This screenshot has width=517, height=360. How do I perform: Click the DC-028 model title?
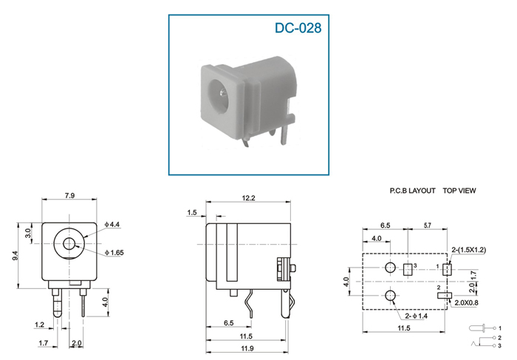pyautogui.click(x=298, y=28)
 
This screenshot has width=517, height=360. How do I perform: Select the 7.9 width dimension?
pyautogui.click(x=69, y=196)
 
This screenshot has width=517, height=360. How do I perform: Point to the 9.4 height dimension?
pyautogui.click(x=16, y=255)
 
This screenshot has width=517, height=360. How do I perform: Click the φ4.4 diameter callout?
pyautogui.click(x=112, y=225)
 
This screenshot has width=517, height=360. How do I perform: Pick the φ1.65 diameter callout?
pyautogui.click(x=114, y=253)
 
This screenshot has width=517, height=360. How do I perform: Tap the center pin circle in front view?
pyautogui.click(x=69, y=245)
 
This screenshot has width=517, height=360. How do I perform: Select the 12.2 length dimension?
pyautogui.click(x=248, y=198)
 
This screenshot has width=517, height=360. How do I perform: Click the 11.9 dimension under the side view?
pyautogui.click(x=247, y=348)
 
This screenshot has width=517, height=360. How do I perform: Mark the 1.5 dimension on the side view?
pyautogui.click(x=191, y=212)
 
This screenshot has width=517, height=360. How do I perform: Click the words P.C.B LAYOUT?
pyautogui.click(x=412, y=191)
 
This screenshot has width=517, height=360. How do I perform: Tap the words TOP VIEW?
pyautogui.click(x=459, y=191)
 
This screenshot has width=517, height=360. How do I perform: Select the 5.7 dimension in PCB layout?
pyautogui.click(x=427, y=225)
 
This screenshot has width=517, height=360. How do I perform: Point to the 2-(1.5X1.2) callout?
pyautogui.click(x=468, y=250)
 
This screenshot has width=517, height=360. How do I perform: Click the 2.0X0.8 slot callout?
pyautogui.click(x=466, y=302)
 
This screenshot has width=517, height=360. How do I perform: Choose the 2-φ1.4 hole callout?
pyautogui.click(x=416, y=316)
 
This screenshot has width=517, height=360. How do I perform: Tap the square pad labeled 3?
pyautogui.click(x=408, y=270)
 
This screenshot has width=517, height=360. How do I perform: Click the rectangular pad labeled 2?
pyautogui.click(x=444, y=296)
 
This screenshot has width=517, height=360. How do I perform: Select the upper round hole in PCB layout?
pyautogui.click(x=391, y=268)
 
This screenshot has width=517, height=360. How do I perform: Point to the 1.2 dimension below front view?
pyautogui.click(x=39, y=325)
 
